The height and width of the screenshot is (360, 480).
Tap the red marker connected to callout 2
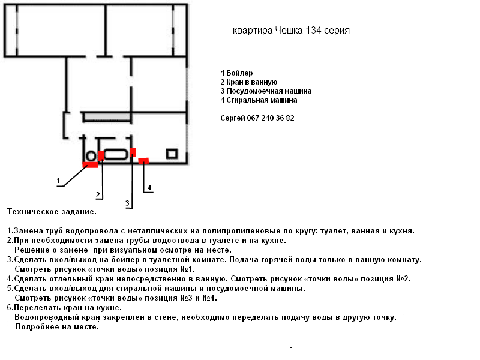point(101,156)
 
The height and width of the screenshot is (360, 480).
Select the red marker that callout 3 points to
point(133,151)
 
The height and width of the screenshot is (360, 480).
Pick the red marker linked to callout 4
point(143,160)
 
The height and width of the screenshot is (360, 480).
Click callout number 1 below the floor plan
point(58,180)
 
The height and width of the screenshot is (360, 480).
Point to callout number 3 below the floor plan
point(127,203)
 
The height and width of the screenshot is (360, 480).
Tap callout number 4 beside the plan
point(149,188)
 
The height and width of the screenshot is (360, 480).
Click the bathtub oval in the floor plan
point(116,154)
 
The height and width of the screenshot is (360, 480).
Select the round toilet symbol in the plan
point(91,156)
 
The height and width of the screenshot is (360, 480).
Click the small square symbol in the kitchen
point(172,154)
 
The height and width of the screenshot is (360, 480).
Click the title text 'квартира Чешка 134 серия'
point(291,31)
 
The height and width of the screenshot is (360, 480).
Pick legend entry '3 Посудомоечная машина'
point(266,91)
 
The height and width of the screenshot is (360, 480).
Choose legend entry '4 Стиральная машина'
point(259,100)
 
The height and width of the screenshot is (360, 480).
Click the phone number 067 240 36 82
point(271,118)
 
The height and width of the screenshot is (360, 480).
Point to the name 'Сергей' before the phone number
point(233,118)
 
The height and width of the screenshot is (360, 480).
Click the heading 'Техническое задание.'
point(52,212)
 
